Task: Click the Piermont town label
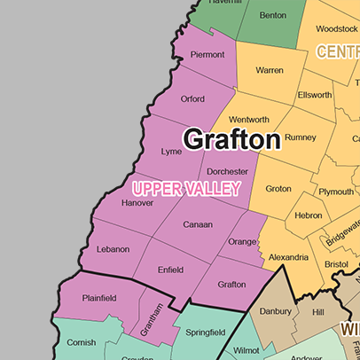pyautogui.click(x=207, y=55)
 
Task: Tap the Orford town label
pyautogui.click(x=192, y=98)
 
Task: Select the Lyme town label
pyautogui.click(x=171, y=152)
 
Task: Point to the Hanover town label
pyautogui.click(x=137, y=203)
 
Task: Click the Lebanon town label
pyautogui.click(x=113, y=249)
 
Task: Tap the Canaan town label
pyautogui.click(x=197, y=224)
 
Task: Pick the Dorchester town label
pyautogui.click(x=227, y=171)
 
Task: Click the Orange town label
pyautogui.click(x=242, y=241)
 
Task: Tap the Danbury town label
pyautogui.click(x=275, y=312)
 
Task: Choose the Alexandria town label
pyautogui.click(x=288, y=257)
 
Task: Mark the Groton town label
pyautogui.click(x=278, y=189)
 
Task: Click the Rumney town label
pyautogui.click(x=301, y=137)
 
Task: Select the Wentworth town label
pyautogui.click(x=249, y=120)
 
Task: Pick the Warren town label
pyautogui.click(x=269, y=69)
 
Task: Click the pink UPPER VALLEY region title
pyautogui.click(x=185, y=188)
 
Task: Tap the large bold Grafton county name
pyautogui.click(x=231, y=139)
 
